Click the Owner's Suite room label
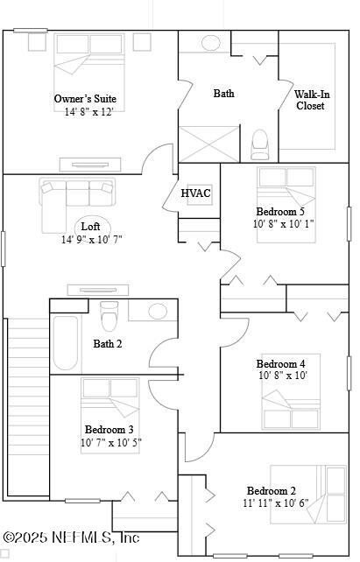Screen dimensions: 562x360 85,99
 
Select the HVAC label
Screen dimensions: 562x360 195,193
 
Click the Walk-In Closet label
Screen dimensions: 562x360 310,100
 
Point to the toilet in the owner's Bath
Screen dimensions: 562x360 260,143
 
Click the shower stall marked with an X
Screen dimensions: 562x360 208,144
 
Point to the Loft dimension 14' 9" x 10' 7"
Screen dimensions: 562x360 91,240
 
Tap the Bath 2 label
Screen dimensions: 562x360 108,344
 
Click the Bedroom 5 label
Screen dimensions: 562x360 281,212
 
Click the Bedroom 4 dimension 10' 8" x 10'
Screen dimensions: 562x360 281,376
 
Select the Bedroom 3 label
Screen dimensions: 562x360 109,430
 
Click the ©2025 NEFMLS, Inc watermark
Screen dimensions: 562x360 72,537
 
